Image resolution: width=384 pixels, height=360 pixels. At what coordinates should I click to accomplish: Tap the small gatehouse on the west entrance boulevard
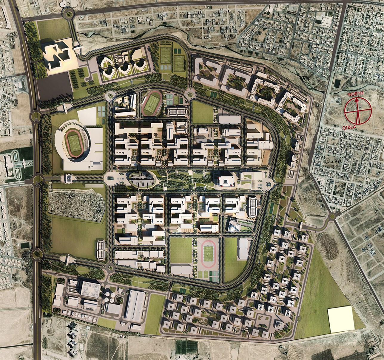point(68,179)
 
